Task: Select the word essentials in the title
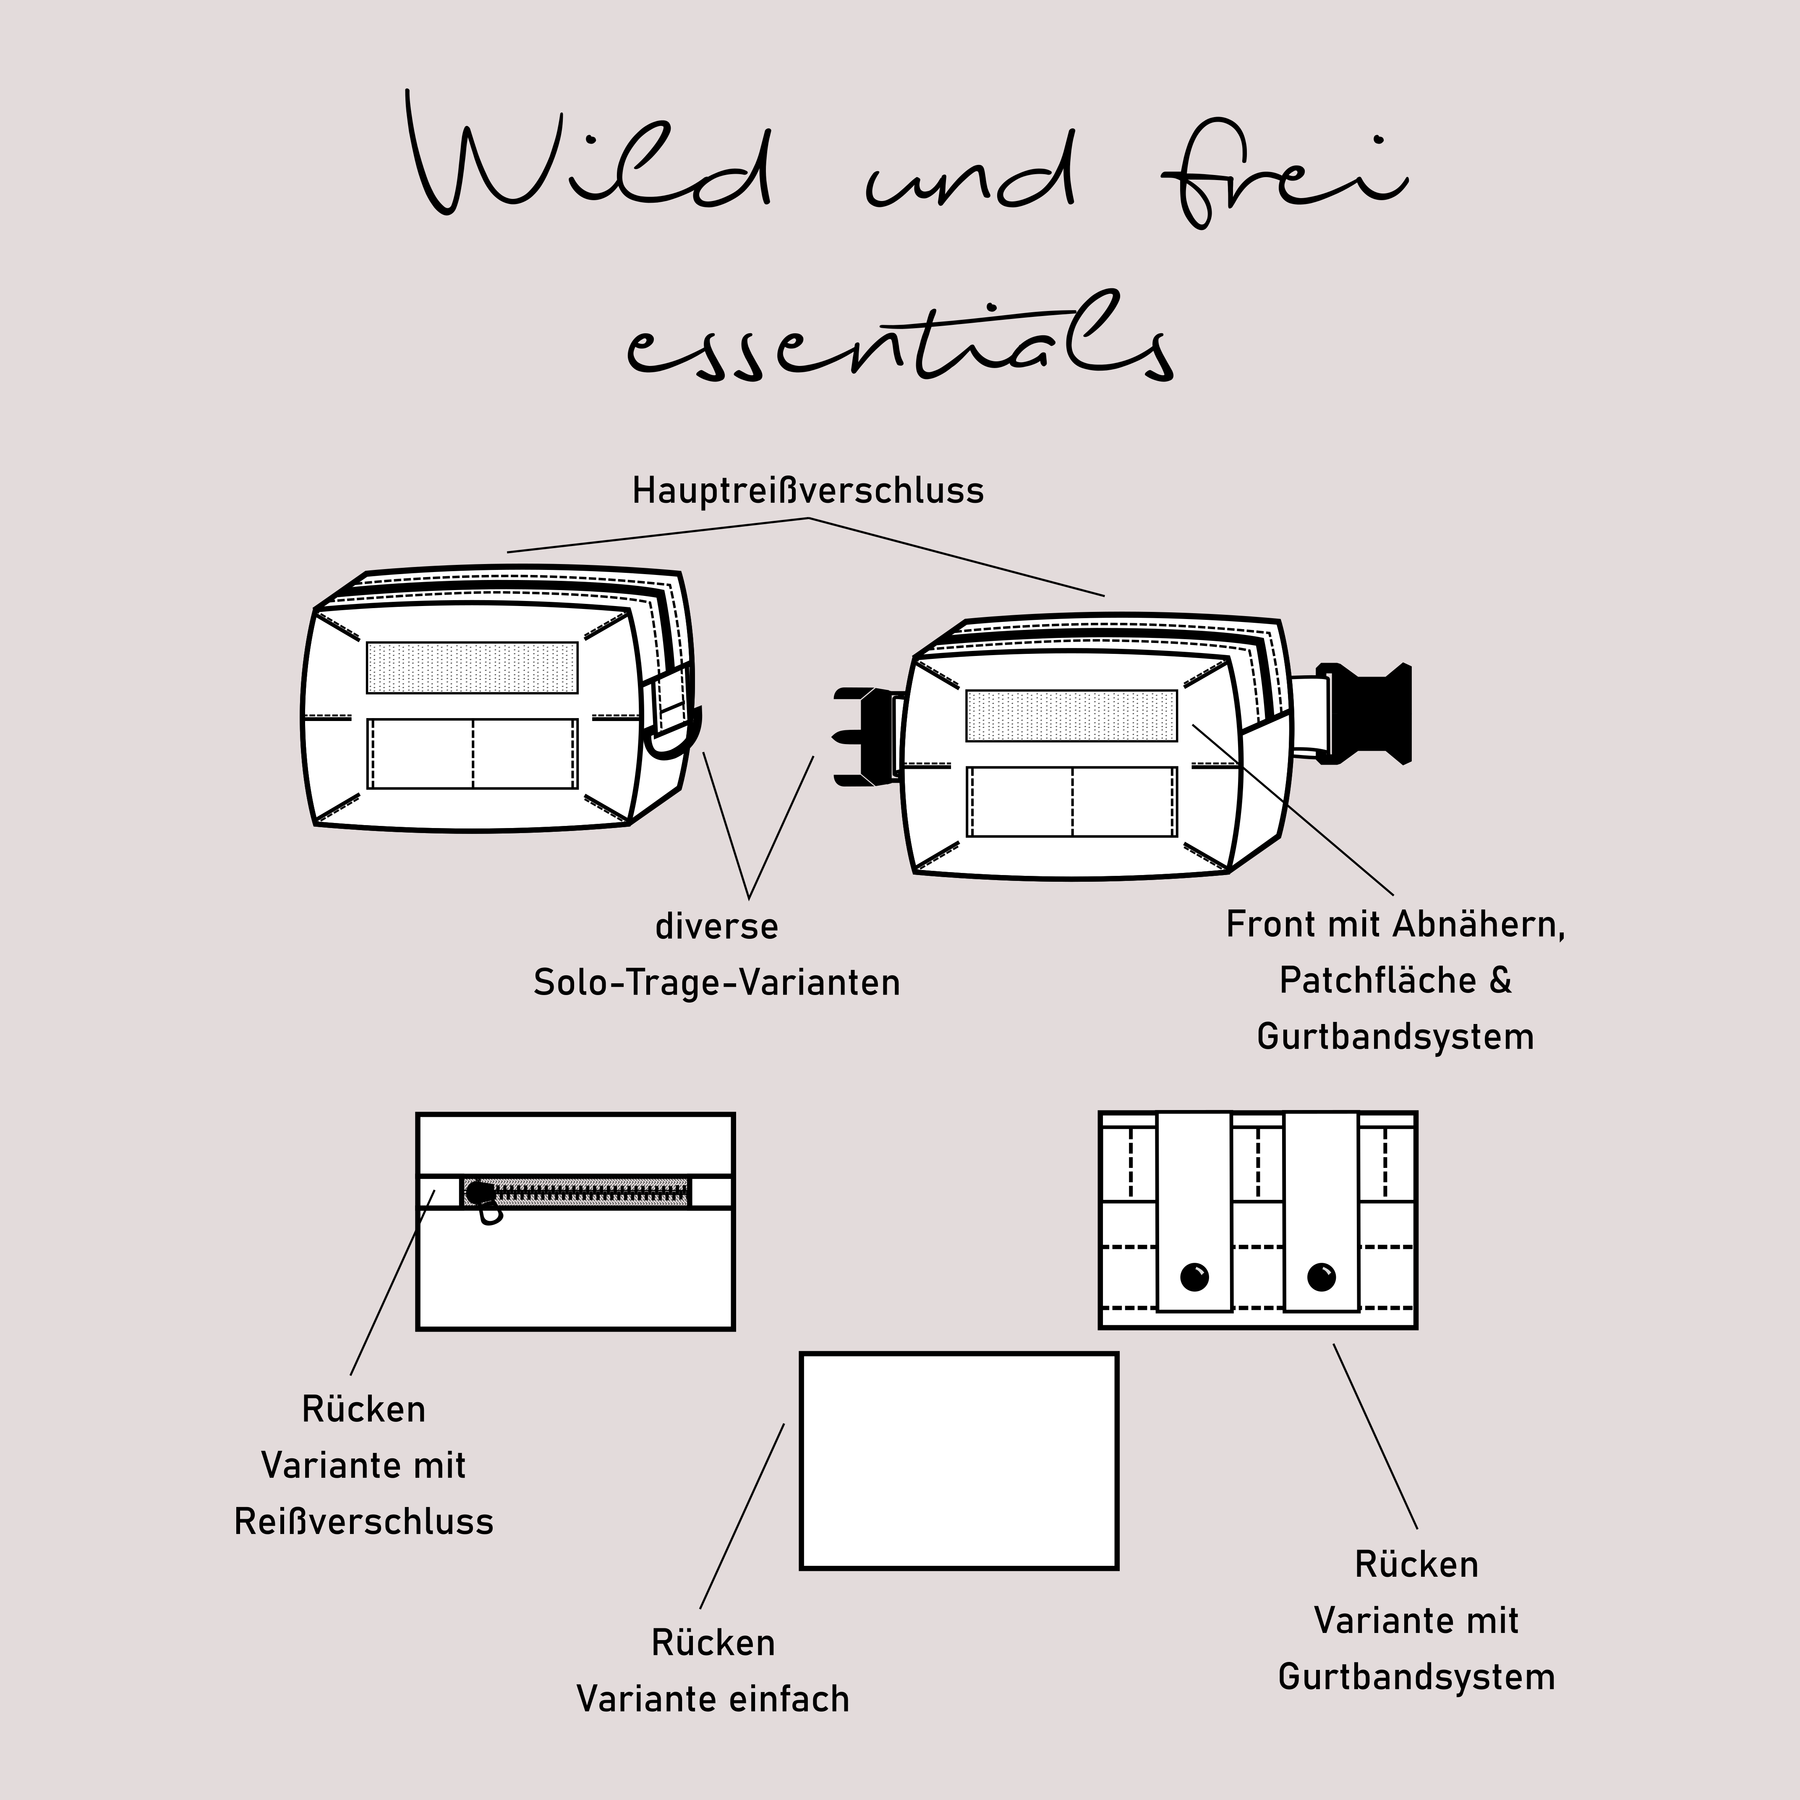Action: click(899, 340)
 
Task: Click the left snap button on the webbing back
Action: click(1194, 1276)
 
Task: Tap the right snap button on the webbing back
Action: click(1321, 1276)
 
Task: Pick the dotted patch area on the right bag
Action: click(1071, 716)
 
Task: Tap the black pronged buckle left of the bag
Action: click(862, 736)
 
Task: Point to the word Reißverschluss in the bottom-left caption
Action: click(363, 1521)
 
